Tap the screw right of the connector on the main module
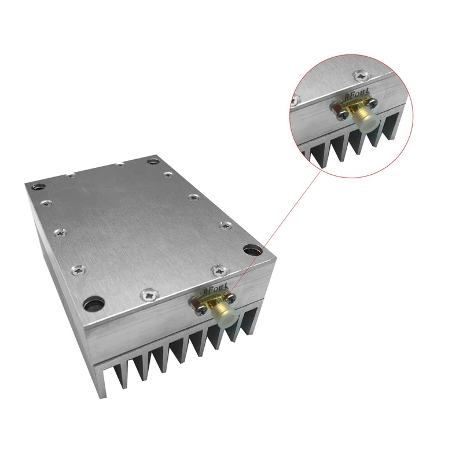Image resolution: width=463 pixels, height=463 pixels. (231, 297)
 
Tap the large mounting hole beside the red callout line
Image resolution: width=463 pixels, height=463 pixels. (252, 251)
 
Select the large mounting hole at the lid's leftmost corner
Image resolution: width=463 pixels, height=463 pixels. (39, 187)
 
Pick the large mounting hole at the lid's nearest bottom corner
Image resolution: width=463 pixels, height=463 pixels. (91, 303)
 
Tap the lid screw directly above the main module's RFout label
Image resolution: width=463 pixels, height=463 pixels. (218, 269)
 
